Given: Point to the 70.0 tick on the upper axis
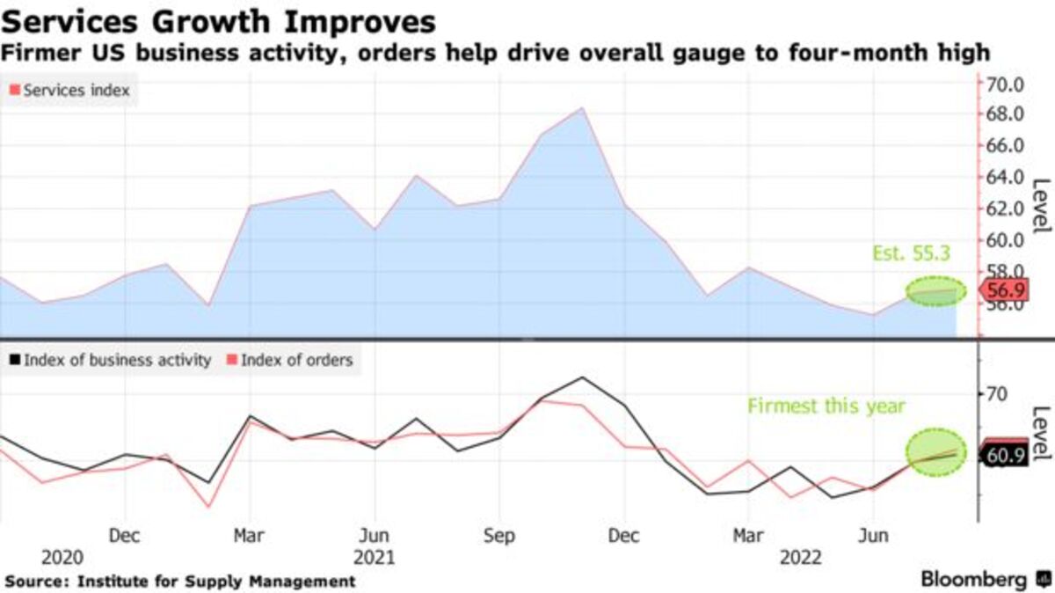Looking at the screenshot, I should pyautogui.click(x=1006, y=85).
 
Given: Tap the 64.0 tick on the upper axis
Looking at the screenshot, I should pyautogui.click(x=1006, y=177).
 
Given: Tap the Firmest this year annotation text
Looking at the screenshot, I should pyautogui.click(x=826, y=406).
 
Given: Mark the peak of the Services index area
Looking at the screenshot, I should pyautogui.click(x=581, y=108).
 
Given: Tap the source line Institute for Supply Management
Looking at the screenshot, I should pyautogui.click(x=216, y=582).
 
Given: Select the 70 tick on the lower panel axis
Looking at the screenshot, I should pyautogui.click(x=995, y=394).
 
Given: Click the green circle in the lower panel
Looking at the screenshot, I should pyautogui.click(x=936, y=452).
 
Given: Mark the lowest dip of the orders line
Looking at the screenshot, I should pyautogui.click(x=208, y=507).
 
